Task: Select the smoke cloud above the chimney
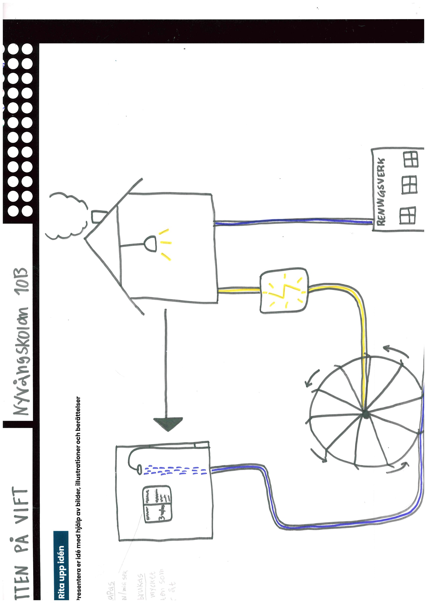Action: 67,215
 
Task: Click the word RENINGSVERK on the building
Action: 381,192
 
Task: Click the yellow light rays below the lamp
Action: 166,243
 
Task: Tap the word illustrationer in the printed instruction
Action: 78,465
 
